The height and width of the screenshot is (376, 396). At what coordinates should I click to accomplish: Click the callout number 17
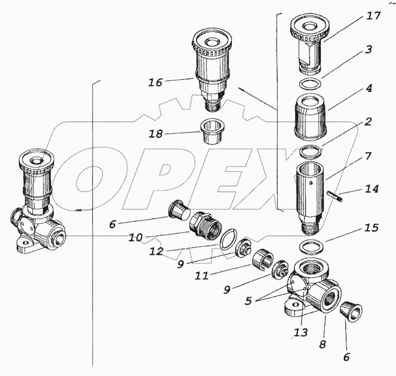(x=373, y=16)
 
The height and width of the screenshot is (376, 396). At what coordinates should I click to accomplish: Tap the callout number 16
(x=155, y=83)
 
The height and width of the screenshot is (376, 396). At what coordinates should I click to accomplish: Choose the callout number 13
(x=301, y=332)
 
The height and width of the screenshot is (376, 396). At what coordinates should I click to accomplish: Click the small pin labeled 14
(x=335, y=196)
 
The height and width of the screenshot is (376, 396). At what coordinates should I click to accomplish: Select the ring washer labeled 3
(x=309, y=85)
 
